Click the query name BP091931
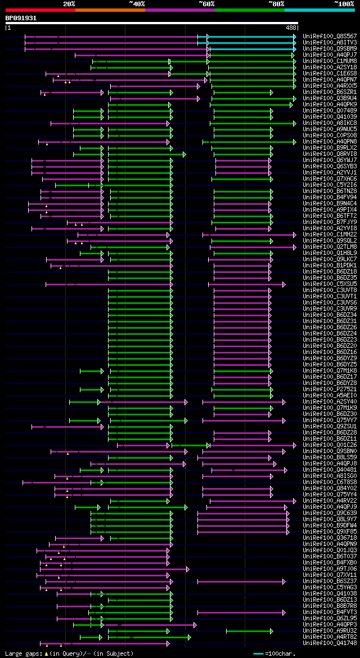[21, 18]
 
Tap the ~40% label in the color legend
[137, 3]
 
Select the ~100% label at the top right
[344, 3]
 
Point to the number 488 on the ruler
[291, 27]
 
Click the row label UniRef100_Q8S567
[330, 36]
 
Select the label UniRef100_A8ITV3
[330, 42]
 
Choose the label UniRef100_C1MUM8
[330, 61]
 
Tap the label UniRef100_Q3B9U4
[330, 98]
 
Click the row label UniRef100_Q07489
[330, 110]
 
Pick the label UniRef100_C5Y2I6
[330, 185]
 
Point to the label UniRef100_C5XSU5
[330, 284]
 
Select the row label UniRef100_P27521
[330, 389]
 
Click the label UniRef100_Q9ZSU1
[330, 426]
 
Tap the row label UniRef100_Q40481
[330, 469]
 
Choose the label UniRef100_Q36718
[330, 538]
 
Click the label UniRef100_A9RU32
[330, 630]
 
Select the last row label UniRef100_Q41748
[330, 643]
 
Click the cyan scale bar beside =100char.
[258, 653]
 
